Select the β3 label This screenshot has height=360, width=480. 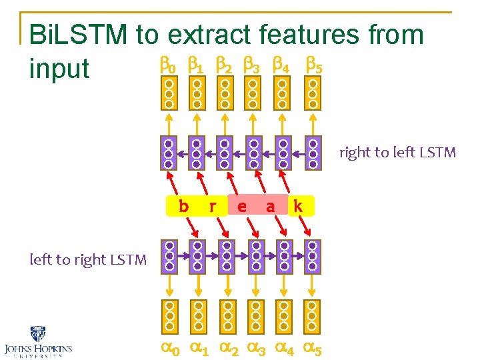pyautogui.click(x=252, y=66)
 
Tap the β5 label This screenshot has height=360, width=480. pyautogui.click(x=313, y=66)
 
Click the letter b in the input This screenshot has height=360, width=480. pyautogui.click(x=183, y=207)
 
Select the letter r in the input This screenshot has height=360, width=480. pyautogui.click(x=212, y=207)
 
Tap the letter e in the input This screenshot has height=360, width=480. pyautogui.click(x=241, y=207)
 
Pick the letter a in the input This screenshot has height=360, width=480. pyautogui.click(x=270, y=207)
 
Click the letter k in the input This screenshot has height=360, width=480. pyautogui.click(x=298, y=207)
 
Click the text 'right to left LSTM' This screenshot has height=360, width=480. pyautogui.click(x=397, y=153)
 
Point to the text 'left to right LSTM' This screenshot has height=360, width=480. pyautogui.click(x=88, y=259)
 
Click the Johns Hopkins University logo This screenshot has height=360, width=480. pyautogui.click(x=38, y=342)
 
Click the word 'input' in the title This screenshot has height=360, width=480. pyautogui.click(x=59, y=68)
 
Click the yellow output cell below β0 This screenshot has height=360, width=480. pyautogui.click(x=169, y=94)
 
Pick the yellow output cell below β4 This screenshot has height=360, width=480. pyautogui.click(x=283, y=94)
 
